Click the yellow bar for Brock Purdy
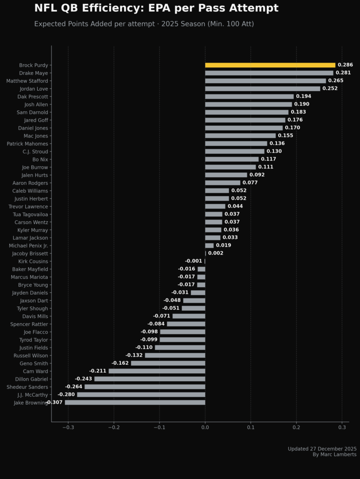(x=270, y=65)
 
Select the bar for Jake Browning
(x=135, y=402)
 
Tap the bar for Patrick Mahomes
(x=236, y=144)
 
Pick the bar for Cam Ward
(x=157, y=371)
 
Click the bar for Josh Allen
(x=248, y=104)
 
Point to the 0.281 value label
(x=343, y=73)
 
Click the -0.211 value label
(x=98, y=371)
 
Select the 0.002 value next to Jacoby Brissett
(x=216, y=253)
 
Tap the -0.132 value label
(x=134, y=356)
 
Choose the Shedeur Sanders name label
(x=27, y=387)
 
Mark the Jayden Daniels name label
(x=30, y=293)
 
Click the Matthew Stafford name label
(x=27, y=81)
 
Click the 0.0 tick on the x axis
(x=205, y=428)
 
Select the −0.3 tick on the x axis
(x=68, y=428)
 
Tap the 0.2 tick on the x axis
(x=296, y=428)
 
